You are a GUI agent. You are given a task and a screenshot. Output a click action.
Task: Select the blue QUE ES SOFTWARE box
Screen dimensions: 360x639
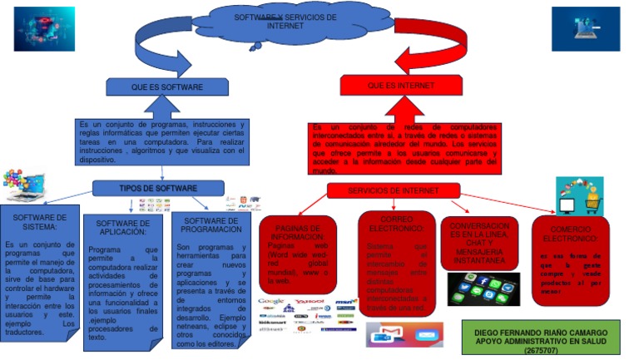(166, 86)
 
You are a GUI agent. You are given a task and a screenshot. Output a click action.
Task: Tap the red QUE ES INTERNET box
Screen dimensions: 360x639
(390, 86)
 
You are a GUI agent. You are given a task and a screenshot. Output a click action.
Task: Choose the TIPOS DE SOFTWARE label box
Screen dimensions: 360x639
(158, 189)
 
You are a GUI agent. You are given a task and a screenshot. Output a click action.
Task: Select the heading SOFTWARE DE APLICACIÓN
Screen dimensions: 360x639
(123, 228)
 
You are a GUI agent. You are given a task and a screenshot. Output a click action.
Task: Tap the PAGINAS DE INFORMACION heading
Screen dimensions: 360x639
(297, 232)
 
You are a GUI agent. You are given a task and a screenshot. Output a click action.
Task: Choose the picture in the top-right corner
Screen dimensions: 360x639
(585, 29)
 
